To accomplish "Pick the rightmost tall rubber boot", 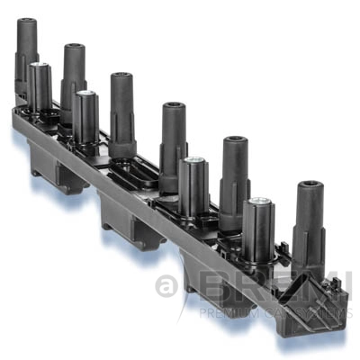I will [x=308, y=220].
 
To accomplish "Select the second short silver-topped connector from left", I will [x=86, y=117].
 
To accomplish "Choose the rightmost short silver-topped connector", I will [x=259, y=225].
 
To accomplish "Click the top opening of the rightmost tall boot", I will [x=309, y=187].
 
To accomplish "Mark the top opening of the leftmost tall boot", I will [x=27, y=21].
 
